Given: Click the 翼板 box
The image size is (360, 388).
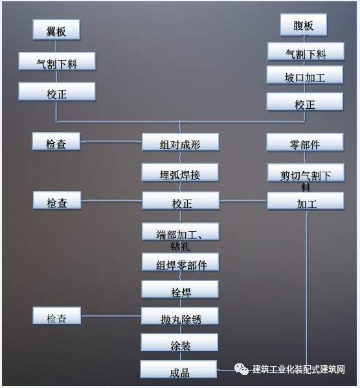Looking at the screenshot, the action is click(x=56, y=30).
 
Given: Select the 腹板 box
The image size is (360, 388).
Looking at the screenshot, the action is click(x=303, y=25).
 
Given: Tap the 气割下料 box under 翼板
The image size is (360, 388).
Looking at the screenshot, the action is click(x=57, y=62).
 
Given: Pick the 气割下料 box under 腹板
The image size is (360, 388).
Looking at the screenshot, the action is click(x=306, y=51).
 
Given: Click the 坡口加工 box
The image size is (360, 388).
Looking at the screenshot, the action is click(x=305, y=74).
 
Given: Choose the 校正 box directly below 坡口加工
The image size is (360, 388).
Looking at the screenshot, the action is click(x=305, y=102).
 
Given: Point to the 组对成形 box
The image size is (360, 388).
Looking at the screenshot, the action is click(x=181, y=142).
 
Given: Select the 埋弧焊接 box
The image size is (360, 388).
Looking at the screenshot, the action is click(x=180, y=172).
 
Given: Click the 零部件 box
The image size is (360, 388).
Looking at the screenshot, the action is click(x=305, y=142).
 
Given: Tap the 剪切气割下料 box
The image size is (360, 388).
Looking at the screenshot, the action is click(x=306, y=173).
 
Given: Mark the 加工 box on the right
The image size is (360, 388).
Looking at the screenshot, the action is click(x=306, y=201).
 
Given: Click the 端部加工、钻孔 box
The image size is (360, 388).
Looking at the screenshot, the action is click(x=181, y=231).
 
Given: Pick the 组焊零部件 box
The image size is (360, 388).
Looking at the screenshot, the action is click(x=181, y=262).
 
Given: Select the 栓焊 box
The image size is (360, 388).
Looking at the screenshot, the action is click(x=180, y=289).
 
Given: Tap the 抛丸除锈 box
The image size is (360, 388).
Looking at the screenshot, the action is click(x=180, y=316).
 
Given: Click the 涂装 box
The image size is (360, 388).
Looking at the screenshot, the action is click(x=179, y=342).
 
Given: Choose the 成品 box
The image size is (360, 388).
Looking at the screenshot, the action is click(x=179, y=369).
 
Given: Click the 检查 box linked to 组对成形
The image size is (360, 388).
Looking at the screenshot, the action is click(x=56, y=141).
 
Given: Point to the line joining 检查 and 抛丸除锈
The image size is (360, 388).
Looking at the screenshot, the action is click(x=111, y=315).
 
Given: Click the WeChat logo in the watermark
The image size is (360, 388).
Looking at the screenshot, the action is click(x=242, y=369).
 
